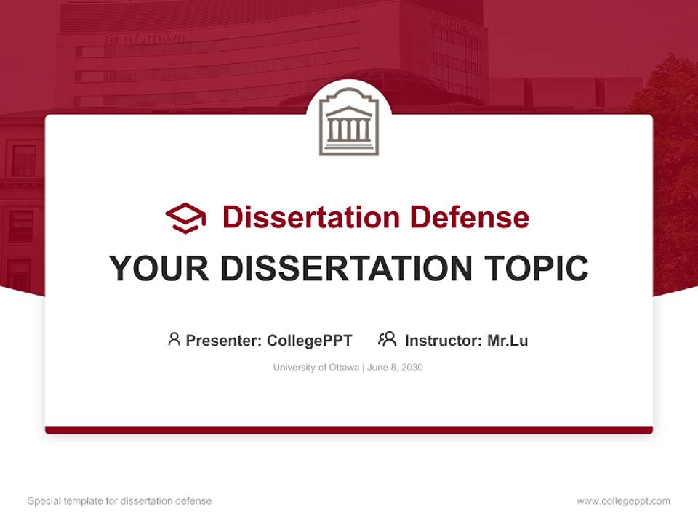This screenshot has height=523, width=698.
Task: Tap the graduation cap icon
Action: (x=185, y=217)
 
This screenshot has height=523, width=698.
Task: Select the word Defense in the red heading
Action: (x=469, y=217)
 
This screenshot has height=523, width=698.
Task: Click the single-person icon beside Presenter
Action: (x=174, y=339)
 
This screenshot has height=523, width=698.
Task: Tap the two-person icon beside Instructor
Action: (x=387, y=339)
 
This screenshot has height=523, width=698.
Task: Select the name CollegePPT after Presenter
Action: (x=309, y=340)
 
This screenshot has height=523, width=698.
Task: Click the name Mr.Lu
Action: (x=508, y=340)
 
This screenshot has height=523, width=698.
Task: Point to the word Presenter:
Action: (x=224, y=340)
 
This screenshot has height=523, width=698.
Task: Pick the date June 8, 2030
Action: (x=395, y=368)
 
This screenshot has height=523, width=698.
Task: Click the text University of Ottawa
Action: (x=316, y=368)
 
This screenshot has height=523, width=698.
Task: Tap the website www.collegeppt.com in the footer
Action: (x=623, y=501)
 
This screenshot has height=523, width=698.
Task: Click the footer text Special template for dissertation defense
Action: (x=119, y=501)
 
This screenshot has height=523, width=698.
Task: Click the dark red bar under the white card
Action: (x=349, y=430)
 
